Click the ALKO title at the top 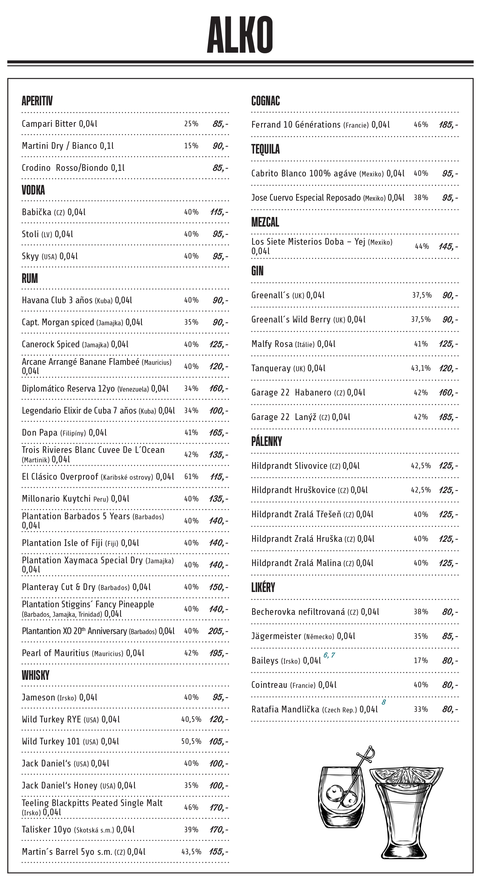(x=240, y=35)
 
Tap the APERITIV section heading (x=37, y=101)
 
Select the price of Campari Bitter (x=220, y=124)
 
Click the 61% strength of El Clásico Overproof (x=191, y=477)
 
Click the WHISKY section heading (x=35, y=675)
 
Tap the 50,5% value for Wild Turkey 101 (x=191, y=741)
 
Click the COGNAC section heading (x=266, y=101)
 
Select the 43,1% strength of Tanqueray (x=421, y=368)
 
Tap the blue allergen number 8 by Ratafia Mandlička (x=383, y=702)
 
